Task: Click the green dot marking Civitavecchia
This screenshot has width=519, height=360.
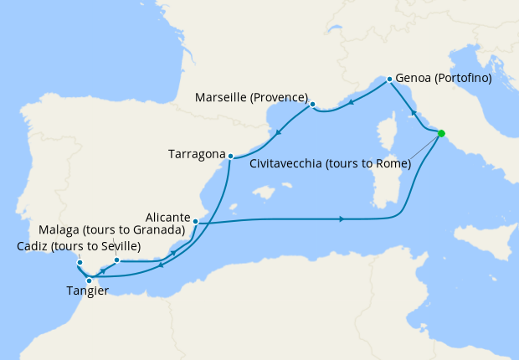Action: [441, 133]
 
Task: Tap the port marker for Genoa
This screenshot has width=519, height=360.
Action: [389, 80]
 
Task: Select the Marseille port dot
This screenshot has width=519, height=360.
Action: [312, 105]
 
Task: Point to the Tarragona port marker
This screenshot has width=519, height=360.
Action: [230, 155]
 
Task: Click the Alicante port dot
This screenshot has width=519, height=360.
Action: [195, 221]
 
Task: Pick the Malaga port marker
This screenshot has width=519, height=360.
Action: [116, 260]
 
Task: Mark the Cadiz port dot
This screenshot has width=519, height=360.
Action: [80, 263]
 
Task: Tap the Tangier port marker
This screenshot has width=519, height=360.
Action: [89, 280]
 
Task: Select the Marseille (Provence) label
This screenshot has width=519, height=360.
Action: [251, 97]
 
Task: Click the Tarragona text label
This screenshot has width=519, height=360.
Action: [197, 155]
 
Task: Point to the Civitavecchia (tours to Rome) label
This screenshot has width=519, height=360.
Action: [331, 164]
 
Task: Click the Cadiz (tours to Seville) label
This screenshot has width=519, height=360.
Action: [79, 246]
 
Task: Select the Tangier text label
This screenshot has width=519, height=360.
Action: [88, 291]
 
